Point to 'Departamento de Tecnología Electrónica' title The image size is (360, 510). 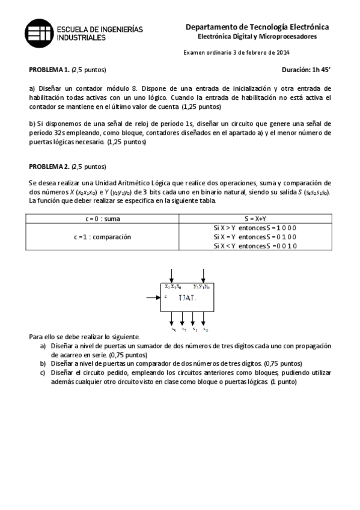(257, 27)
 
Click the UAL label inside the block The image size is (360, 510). (186, 298)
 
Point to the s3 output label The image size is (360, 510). (173, 330)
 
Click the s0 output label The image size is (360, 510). (206, 330)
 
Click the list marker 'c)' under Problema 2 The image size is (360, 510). (43, 373)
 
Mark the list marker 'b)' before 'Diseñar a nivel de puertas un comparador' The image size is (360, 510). (43, 364)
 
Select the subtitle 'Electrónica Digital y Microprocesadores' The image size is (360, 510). (257, 37)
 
